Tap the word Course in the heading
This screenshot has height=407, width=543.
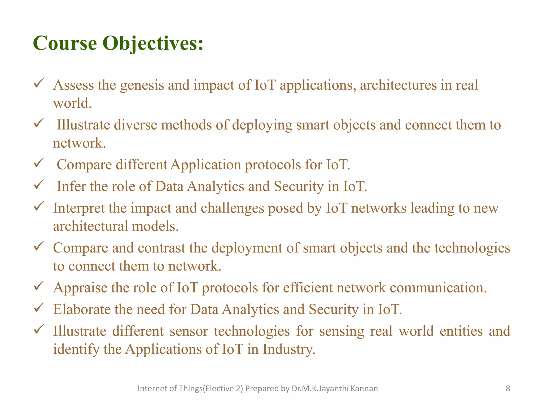click(65, 43)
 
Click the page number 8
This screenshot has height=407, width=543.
click(508, 388)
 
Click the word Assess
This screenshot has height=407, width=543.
click(73, 85)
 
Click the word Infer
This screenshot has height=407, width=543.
click(71, 186)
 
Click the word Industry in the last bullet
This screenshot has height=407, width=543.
click(289, 349)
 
